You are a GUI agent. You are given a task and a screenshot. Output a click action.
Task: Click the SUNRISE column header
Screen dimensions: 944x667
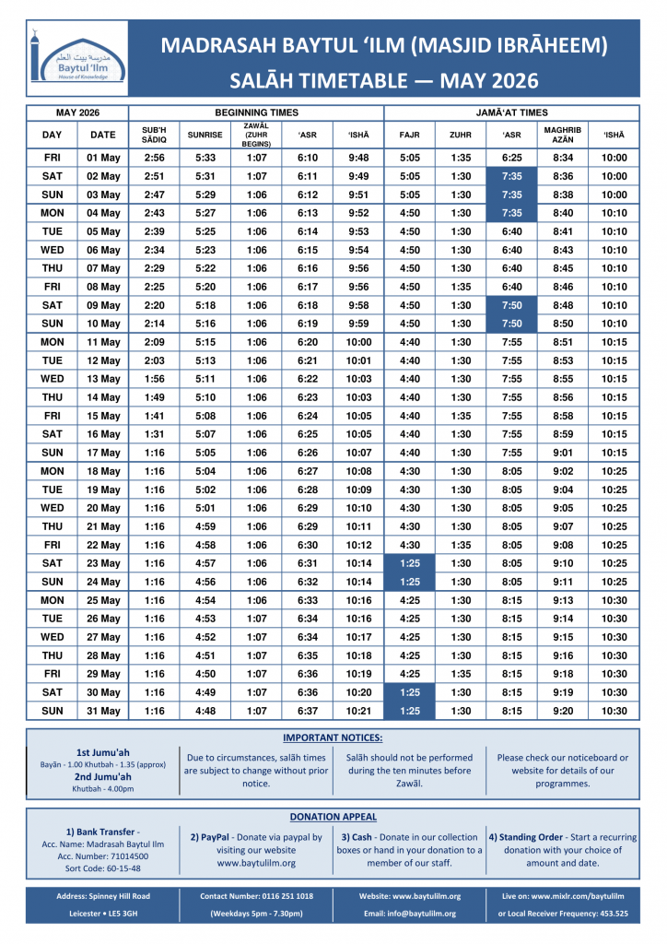(205, 135)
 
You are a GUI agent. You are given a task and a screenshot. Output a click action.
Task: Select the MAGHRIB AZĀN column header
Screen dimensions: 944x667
(562, 135)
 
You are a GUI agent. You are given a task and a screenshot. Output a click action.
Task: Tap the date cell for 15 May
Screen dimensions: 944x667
(103, 416)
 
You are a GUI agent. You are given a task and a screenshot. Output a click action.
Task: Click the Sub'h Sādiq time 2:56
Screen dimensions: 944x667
(155, 158)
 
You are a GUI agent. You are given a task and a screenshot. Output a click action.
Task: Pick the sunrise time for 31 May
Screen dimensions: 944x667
(205, 711)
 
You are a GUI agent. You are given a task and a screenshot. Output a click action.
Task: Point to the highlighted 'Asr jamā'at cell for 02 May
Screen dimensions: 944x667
(511, 176)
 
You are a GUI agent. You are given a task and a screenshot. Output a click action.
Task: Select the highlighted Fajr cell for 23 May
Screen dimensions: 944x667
(409, 563)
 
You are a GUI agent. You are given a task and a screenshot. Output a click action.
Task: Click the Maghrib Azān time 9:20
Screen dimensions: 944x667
(562, 711)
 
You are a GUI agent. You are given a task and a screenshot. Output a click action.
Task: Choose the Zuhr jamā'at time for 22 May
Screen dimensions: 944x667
(461, 545)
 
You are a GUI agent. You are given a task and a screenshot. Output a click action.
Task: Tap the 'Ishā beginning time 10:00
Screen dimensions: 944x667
(358, 342)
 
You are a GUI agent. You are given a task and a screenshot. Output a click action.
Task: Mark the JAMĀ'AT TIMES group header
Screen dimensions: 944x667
(511, 112)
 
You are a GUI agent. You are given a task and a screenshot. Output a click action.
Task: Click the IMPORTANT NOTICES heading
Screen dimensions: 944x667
(333, 737)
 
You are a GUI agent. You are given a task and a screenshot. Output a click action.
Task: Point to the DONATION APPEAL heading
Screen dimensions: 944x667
(333, 817)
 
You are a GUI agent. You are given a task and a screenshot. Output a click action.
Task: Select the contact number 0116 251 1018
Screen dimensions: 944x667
(284, 895)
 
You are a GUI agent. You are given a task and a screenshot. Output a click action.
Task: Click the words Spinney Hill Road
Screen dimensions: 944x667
(122, 895)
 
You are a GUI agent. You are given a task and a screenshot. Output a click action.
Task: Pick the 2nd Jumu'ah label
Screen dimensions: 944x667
(102, 777)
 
